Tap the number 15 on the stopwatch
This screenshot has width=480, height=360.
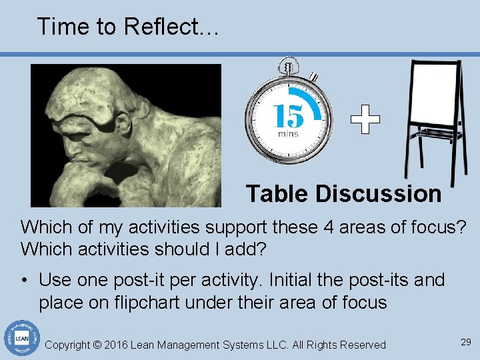(289, 116)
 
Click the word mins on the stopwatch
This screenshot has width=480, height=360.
(289, 134)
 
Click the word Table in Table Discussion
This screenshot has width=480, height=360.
(277, 194)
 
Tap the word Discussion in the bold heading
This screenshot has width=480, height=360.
(378, 194)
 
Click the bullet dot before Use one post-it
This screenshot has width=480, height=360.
(25, 280)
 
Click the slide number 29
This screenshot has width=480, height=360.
(465, 342)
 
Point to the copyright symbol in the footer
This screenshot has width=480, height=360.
(97, 345)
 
